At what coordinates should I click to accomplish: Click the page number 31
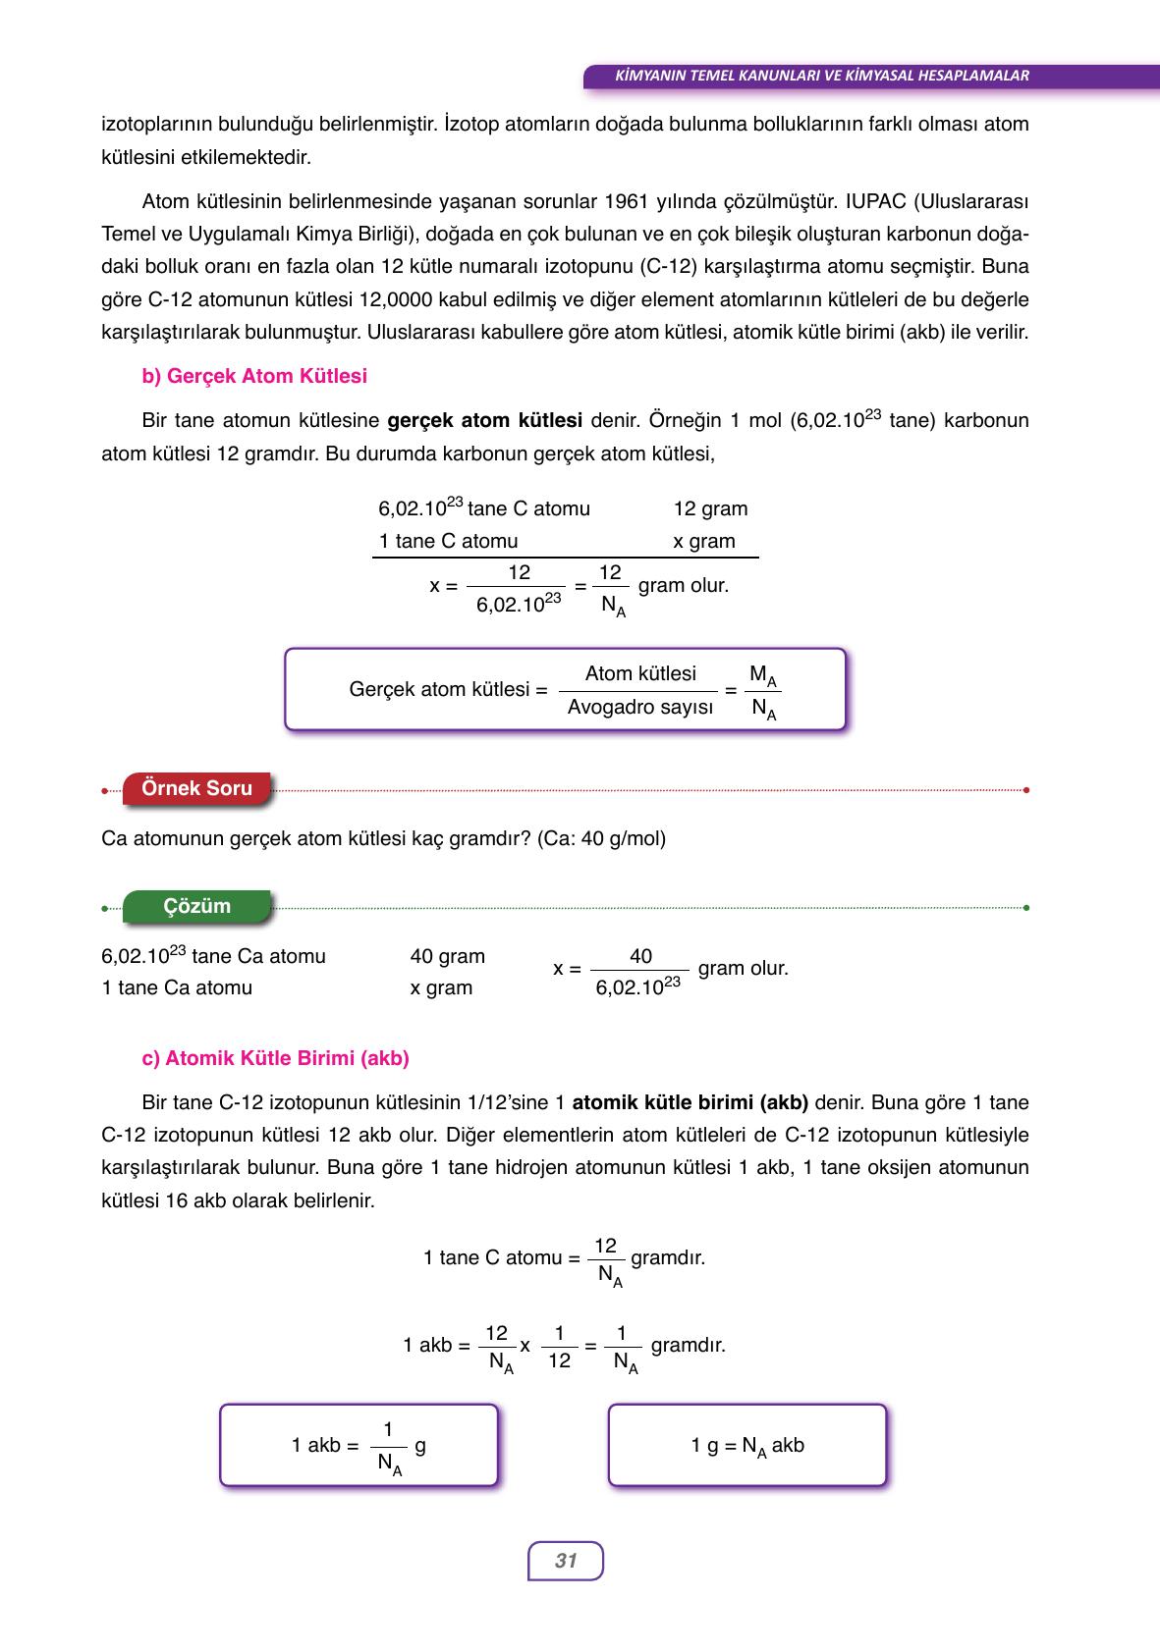566,1561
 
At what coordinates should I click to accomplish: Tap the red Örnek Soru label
196,788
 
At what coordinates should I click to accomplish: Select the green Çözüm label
196,906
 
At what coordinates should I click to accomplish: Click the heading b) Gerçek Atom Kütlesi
254,376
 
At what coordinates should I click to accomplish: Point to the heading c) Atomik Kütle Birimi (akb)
275,1058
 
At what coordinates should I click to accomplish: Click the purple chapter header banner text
821,76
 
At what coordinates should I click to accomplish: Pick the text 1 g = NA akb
747,1445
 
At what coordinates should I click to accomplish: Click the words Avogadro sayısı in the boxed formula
640,707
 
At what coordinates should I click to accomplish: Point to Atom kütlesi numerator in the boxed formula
640,673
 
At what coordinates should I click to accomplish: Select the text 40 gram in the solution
448,956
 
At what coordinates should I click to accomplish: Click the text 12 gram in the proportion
710,508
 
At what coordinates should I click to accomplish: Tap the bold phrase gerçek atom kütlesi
485,421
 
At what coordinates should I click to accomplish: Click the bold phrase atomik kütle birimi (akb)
690,1102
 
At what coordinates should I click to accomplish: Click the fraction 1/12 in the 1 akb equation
559,1346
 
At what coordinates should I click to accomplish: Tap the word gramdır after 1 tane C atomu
668,1257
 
